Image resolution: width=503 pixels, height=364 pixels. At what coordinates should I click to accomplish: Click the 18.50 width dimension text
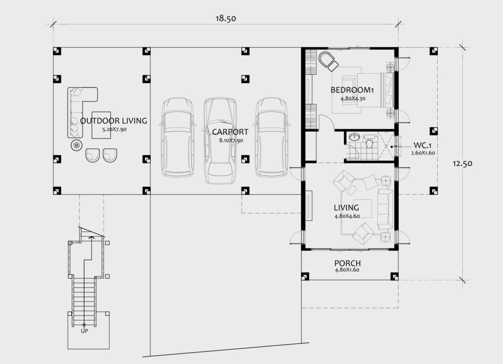(225, 19)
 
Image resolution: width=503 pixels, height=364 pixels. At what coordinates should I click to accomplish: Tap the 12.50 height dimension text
(462, 163)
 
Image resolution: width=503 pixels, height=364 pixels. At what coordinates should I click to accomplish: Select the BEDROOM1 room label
(352, 90)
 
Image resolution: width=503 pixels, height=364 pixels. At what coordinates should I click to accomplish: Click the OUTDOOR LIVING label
(113, 121)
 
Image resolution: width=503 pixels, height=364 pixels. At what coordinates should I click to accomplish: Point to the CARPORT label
(230, 131)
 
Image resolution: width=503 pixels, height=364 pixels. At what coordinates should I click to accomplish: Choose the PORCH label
(347, 263)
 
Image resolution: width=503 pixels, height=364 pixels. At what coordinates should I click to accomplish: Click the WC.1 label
(422, 146)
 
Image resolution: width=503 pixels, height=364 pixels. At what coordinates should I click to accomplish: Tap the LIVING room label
(346, 208)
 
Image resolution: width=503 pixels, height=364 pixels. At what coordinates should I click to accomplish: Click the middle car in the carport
(220, 141)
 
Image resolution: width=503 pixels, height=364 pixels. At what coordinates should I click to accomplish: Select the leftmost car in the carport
(178, 138)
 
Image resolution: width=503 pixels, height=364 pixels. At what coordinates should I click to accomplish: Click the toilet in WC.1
(369, 142)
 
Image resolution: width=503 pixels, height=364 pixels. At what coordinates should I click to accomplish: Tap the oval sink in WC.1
(354, 137)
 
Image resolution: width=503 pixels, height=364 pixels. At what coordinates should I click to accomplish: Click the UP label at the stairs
(84, 331)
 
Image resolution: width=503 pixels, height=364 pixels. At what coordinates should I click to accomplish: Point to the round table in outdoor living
(76, 146)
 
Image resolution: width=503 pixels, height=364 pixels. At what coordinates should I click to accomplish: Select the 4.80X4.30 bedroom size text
(353, 99)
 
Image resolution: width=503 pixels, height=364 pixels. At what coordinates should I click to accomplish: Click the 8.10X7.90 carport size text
(231, 140)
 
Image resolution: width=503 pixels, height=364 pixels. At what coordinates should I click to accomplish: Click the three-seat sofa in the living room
(385, 209)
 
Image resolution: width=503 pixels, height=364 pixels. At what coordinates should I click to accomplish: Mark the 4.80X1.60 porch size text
(347, 270)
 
